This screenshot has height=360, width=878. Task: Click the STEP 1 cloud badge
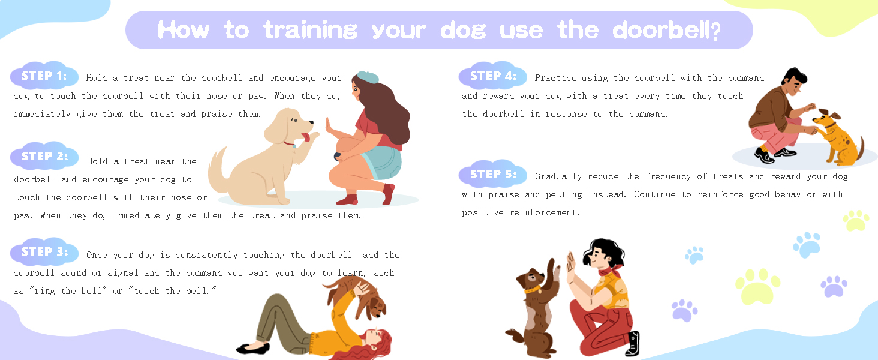[44, 75]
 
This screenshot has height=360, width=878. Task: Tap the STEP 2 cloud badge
[44, 155]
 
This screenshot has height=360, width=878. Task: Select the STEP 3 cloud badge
[44, 251]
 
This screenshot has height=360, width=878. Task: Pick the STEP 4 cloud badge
[493, 75]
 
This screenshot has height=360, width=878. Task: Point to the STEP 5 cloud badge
[493, 174]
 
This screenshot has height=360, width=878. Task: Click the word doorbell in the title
[666, 30]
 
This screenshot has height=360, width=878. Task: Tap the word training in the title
[311, 30]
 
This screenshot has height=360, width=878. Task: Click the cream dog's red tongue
[305, 137]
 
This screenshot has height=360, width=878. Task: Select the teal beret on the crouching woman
[368, 77]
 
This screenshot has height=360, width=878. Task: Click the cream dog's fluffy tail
[218, 170]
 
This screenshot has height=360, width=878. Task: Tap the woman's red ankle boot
[388, 194]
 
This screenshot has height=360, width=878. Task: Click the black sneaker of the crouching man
[763, 155]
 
